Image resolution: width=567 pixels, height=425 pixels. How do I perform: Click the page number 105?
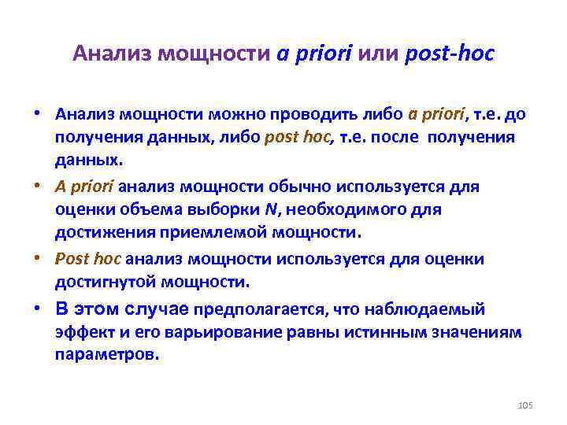(x=526, y=405)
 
